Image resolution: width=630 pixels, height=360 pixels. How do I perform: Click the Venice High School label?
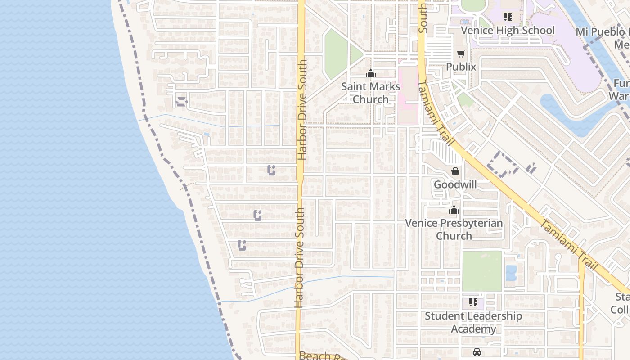(x=508, y=31)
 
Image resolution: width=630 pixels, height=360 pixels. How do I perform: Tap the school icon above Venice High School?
(x=508, y=17)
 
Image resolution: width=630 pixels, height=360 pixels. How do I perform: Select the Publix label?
(x=461, y=67)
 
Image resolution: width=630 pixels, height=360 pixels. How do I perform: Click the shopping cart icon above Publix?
(x=461, y=54)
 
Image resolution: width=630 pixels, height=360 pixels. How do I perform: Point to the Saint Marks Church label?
(x=371, y=93)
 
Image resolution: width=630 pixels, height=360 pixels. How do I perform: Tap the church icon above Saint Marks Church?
(x=371, y=73)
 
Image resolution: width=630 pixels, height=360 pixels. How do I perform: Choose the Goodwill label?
(x=455, y=184)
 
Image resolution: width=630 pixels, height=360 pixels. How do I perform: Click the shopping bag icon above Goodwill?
(x=455, y=171)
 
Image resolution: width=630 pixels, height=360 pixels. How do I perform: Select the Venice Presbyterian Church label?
(x=454, y=229)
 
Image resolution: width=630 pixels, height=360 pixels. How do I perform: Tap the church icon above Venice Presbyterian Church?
(x=454, y=210)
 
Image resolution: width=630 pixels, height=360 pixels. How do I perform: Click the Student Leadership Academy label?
(x=473, y=322)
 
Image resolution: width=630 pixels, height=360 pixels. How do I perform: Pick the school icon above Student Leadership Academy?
(x=473, y=302)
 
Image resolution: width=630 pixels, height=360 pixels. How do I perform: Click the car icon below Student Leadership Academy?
(x=477, y=352)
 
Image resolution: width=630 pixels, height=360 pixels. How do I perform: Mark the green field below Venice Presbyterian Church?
(x=482, y=271)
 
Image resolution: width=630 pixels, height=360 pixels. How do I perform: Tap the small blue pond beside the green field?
(x=511, y=273)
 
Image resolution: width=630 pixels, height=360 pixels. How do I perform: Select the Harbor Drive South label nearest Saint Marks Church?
(x=302, y=110)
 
